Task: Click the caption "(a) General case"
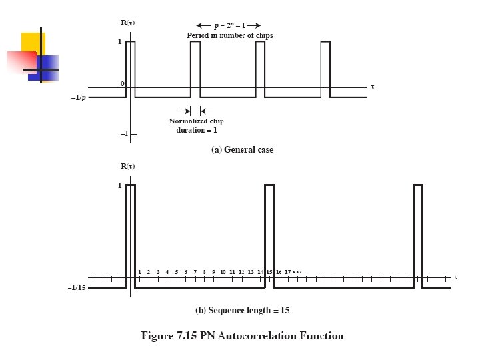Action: pos(242,150)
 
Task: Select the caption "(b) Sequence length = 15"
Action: pos(242,311)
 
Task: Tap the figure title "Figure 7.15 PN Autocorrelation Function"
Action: pos(242,336)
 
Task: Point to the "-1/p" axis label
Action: pos(79,97)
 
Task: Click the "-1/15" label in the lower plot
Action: pos(78,288)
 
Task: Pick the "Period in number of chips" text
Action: pos(229,35)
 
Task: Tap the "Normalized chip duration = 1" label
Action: pos(196,125)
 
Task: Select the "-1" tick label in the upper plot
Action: pos(124,134)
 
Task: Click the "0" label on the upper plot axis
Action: pos(122,84)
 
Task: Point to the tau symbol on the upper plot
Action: pos(373,87)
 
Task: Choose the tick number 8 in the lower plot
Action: pos(204,272)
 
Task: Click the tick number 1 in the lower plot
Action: pos(139,272)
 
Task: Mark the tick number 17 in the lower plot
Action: pos(287,272)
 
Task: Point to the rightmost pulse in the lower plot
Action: pos(418,233)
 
